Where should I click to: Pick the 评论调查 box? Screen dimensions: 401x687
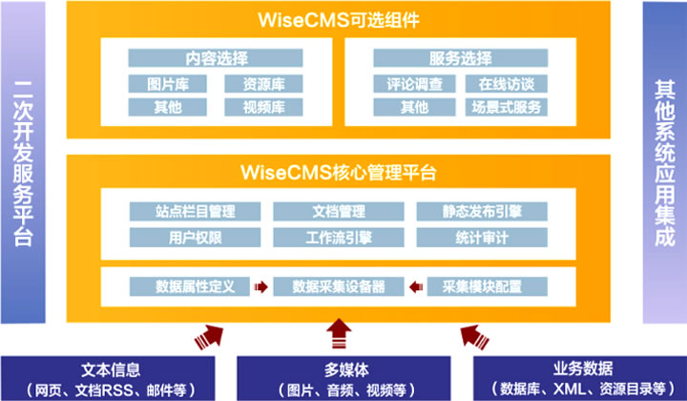[x=407, y=83]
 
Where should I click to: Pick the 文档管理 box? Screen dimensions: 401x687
[x=338, y=211]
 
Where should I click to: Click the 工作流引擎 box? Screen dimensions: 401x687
[x=338, y=235]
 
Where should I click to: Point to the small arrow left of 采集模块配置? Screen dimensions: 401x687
[x=414, y=285]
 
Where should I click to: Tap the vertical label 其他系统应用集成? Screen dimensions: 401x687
[x=664, y=162]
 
